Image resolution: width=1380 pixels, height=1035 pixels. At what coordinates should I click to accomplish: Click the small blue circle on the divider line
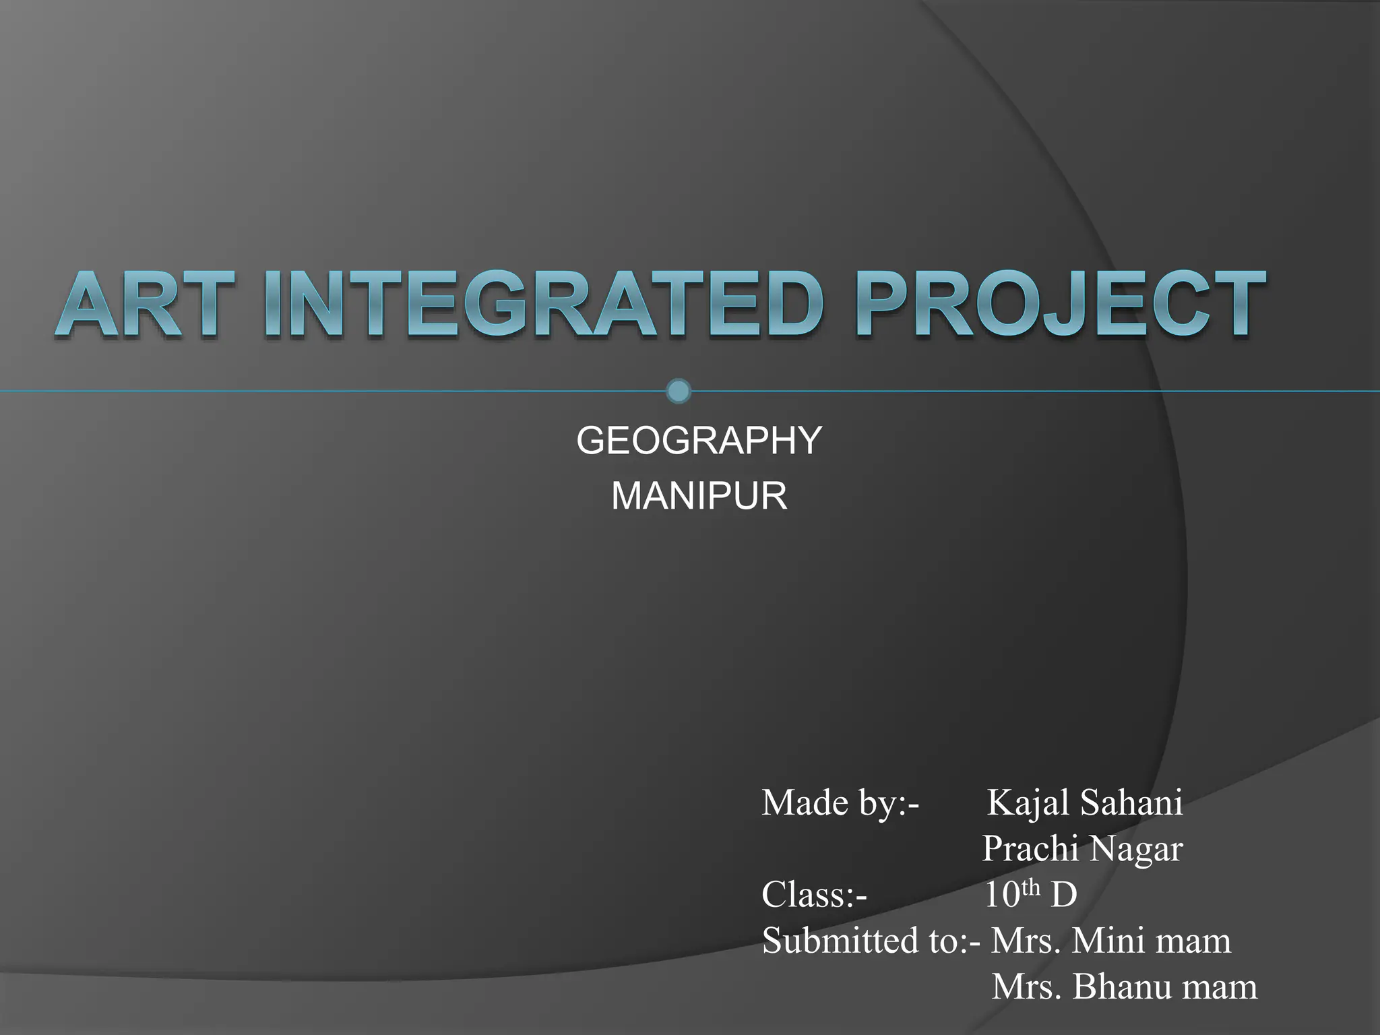[x=678, y=391]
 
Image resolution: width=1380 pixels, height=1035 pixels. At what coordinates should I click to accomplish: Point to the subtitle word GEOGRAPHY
[x=699, y=441]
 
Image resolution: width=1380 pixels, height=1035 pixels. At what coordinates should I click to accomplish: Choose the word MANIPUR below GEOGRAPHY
[x=699, y=497]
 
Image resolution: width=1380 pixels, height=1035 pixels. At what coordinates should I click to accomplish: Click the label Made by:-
[x=840, y=803]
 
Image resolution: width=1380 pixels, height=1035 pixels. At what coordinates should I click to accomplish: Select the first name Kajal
[x=1028, y=803]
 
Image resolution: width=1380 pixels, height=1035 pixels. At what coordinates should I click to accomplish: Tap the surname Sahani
[x=1131, y=803]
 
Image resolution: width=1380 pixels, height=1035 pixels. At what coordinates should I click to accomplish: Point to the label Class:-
[x=814, y=896]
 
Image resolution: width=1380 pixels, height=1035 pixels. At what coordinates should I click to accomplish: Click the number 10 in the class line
[x=1002, y=896]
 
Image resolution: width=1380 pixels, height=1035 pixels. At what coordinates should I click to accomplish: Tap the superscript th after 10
[x=1032, y=888]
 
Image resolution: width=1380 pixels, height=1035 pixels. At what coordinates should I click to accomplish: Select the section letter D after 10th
[x=1063, y=896]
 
